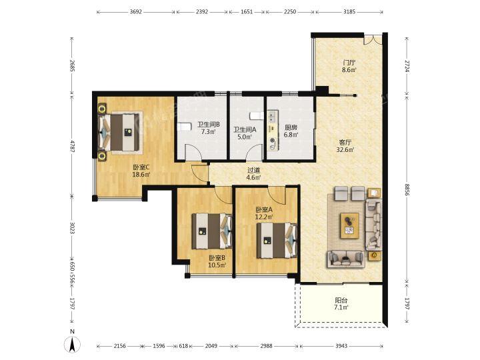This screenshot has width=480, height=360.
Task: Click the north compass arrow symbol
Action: [72, 345]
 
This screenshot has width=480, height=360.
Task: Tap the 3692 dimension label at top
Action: [136, 12]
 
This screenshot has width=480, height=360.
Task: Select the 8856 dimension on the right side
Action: [407, 189]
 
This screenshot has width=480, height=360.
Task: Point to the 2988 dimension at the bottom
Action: [266, 346]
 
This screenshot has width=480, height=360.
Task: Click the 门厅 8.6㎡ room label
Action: [349, 66]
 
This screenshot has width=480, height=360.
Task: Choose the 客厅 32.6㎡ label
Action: [345, 146]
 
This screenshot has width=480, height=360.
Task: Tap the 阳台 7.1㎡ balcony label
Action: [341, 304]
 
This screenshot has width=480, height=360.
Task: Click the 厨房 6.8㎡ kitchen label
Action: [291, 131]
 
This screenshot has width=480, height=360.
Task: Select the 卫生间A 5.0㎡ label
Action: [245, 133]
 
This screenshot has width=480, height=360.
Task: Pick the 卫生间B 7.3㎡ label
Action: [209, 128]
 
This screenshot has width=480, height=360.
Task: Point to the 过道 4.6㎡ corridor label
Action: [254, 174]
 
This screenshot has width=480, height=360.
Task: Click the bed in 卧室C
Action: [120, 132]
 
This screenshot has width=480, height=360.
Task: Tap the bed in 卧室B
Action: [212, 231]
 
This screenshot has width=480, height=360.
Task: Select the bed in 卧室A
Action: [277, 240]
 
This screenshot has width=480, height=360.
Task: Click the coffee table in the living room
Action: [349, 226]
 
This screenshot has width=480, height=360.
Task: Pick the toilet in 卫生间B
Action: [184, 127]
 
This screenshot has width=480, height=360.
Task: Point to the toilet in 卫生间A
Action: [256, 116]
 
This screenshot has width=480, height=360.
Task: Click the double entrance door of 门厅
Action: [373, 40]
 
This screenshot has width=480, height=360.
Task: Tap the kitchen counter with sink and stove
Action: [273, 130]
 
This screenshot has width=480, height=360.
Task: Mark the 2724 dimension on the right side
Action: [407, 66]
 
